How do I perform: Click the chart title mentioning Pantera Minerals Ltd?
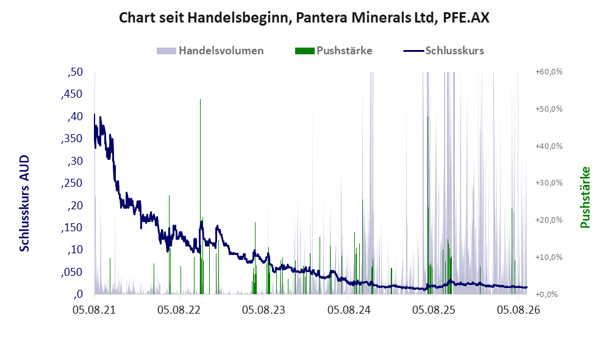point(304,18)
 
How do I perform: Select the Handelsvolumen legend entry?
point(210,51)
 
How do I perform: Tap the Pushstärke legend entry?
point(334,51)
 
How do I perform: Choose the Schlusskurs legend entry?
point(443,51)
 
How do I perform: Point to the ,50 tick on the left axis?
point(75,72)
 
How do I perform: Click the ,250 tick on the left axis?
point(72,182)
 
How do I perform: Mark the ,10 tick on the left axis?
point(75,250)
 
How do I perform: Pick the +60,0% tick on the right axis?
point(549,72)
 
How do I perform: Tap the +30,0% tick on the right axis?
point(549,182)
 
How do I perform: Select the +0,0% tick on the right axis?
point(546,294)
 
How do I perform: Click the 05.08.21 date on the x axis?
point(95,309)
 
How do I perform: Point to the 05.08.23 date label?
point(263,309)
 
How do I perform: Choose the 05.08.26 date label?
point(518,309)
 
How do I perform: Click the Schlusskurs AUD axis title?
point(24,203)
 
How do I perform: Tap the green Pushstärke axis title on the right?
point(585,197)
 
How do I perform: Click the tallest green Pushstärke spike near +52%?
point(201,196)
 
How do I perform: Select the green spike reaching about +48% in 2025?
point(427,205)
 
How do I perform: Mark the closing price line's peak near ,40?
point(95,114)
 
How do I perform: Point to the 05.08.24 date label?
point(349,309)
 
